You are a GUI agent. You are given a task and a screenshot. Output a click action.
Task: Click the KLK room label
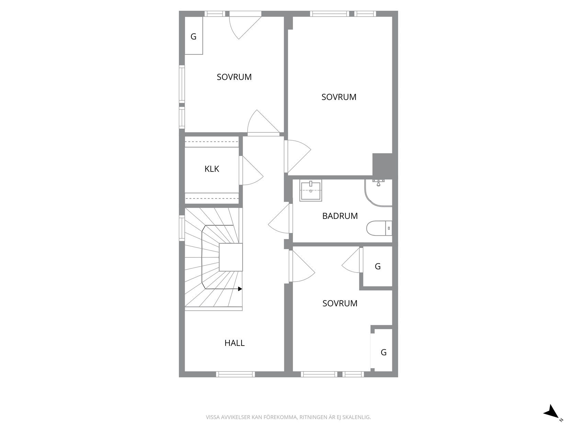pos(212,169)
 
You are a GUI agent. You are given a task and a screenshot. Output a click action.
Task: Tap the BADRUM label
pos(340,216)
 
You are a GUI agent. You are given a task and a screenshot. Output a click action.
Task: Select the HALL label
pos(235,343)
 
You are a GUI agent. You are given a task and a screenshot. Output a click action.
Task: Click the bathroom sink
pos(311,190)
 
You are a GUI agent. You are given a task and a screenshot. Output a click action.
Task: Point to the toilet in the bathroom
pos(379,228)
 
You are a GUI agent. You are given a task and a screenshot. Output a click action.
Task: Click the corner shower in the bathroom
pos(378,193)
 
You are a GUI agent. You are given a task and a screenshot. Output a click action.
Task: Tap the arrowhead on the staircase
pos(240,289)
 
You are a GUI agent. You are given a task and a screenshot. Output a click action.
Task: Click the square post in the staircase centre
pos(231,257)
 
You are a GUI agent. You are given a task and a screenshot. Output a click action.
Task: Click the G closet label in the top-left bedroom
pos(193,37)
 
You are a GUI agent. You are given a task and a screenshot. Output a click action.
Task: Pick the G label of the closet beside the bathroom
pos(378,266)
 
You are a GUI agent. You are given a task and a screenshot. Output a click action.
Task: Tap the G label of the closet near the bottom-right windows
pos(384,352)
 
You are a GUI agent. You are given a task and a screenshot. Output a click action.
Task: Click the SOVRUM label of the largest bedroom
pos(339,97)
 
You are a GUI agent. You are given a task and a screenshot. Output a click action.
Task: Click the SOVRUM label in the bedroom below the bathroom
pos(340,303)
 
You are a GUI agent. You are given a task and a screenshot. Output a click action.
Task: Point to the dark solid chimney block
pos(383,165)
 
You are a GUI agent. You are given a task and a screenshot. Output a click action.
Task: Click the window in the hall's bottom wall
pos(235,374)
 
